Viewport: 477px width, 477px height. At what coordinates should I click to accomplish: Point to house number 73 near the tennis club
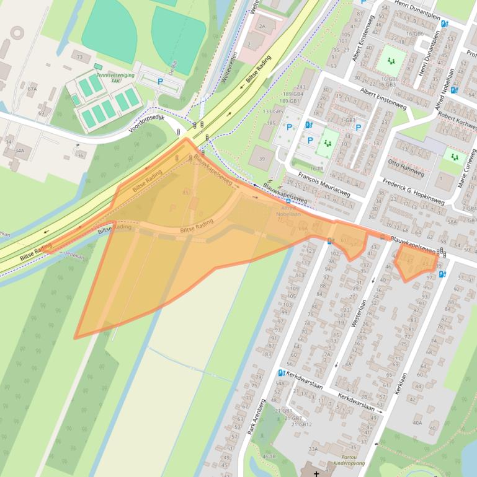coord(79,57)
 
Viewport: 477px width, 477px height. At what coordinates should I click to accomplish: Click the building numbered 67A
coord(32,89)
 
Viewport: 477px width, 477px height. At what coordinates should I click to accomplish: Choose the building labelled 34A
coord(20,151)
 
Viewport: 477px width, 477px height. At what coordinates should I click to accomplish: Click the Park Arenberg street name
coord(257,416)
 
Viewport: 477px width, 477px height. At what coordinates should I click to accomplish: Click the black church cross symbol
coord(317,473)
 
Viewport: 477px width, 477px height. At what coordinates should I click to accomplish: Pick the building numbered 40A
coord(417,423)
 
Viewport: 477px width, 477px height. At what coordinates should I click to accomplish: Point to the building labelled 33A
coord(313,450)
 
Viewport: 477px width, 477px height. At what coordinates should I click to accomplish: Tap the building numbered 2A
coord(262,27)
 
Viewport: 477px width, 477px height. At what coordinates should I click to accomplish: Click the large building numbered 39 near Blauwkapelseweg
coord(261,159)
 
